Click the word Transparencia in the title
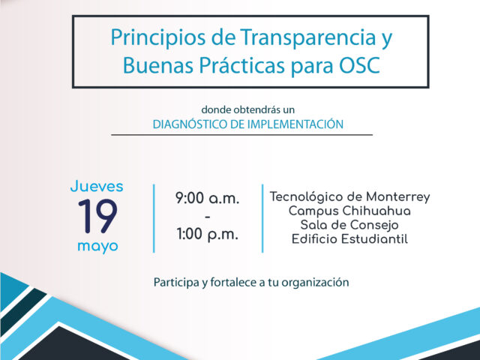pyautogui.click(x=307, y=38)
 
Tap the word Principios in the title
pyautogui.click(x=158, y=38)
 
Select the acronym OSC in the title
pyautogui.click(x=359, y=65)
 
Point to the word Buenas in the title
pyautogui.click(x=158, y=65)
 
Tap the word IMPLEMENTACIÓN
pyautogui.click(x=295, y=124)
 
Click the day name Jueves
pyautogui.click(x=97, y=186)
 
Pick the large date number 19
pyautogui.click(x=97, y=216)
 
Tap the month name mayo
pyautogui.click(x=97, y=247)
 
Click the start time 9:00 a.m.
pyautogui.click(x=207, y=198)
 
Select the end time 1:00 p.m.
pyautogui.click(x=207, y=235)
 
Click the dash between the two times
pyautogui.click(x=207, y=217)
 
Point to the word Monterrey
pyautogui.click(x=398, y=197)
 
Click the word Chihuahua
pyautogui.click(x=376, y=211)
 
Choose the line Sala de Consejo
pyautogui.click(x=349, y=225)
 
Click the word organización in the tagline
pyautogui.click(x=315, y=283)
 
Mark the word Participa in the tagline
pyautogui.click(x=176, y=283)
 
